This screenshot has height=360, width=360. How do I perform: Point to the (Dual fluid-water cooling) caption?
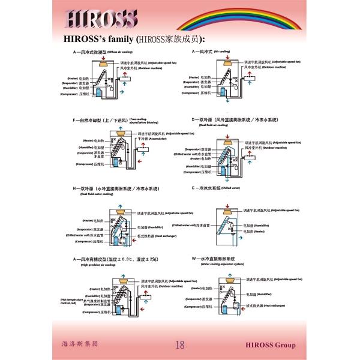97,194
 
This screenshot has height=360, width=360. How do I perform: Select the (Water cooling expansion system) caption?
223,264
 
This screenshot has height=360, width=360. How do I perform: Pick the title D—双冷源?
235,120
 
